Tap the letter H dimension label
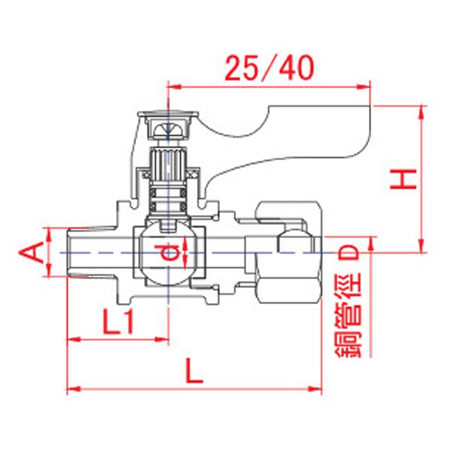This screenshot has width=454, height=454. click(405, 179)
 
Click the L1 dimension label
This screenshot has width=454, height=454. click(119, 323)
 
